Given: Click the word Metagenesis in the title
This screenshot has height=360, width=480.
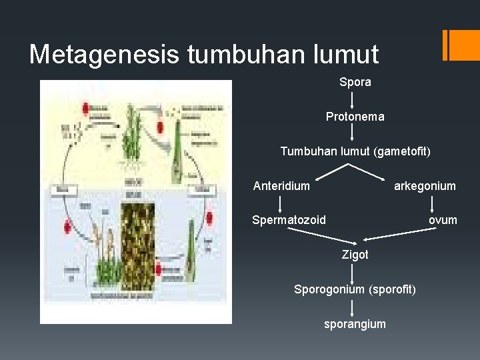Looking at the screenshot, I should (104, 55).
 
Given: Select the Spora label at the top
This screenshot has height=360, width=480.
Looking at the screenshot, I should (355, 83).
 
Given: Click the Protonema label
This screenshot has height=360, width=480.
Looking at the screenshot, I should (355, 117).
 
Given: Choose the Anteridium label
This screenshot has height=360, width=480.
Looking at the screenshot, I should (281, 186).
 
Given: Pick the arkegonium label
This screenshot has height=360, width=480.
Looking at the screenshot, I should (425, 186).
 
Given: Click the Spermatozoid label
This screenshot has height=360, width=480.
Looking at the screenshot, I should (289, 219).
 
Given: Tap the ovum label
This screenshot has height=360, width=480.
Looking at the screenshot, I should (443, 219).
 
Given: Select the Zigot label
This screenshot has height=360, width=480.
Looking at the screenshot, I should (355, 255).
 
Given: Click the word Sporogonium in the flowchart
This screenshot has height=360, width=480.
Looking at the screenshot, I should (329, 289).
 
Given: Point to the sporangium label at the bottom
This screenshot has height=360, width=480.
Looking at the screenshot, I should (355, 324).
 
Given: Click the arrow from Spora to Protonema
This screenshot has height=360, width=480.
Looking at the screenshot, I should (353, 100).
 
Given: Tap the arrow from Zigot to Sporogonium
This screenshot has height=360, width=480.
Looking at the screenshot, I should (353, 272).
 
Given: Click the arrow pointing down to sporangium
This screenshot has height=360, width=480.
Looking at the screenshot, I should (353, 307).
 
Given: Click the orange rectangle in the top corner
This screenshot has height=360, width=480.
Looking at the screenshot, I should (461, 45).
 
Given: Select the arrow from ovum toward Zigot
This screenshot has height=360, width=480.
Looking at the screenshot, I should (399, 234).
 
